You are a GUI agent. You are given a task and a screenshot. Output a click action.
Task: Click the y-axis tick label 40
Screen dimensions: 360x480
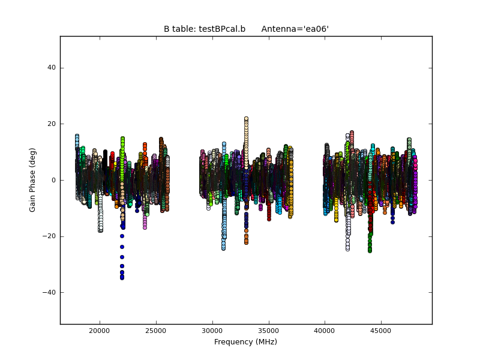click(x=52, y=68)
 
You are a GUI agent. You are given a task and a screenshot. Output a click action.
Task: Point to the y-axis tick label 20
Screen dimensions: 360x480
click(x=52, y=124)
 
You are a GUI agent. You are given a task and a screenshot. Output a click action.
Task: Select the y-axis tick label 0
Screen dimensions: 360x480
click(x=54, y=180)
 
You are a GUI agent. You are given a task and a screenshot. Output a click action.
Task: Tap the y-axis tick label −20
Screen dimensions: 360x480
click(x=50, y=236)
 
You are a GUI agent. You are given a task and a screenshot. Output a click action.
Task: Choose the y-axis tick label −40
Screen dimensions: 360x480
click(x=50, y=293)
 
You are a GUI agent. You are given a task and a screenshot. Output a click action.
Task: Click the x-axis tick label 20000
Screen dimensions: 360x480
click(x=99, y=331)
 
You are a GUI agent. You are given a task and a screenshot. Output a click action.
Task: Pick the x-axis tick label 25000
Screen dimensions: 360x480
click(x=155, y=331)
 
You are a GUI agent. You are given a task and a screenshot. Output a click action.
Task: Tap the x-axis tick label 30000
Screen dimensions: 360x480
click(x=212, y=331)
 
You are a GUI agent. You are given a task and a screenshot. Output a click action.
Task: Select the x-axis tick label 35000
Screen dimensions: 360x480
click(x=268, y=331)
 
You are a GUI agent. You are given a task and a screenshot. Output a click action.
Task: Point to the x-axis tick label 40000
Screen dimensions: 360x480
click(x=325, y=331)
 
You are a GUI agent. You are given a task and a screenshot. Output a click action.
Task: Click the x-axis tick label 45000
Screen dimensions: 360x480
click(x=381, y=331)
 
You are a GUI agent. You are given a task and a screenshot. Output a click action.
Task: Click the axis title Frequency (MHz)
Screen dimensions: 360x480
click(x=245, y=342)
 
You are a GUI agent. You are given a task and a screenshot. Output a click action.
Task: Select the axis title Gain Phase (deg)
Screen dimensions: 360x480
click(x=32, y=180)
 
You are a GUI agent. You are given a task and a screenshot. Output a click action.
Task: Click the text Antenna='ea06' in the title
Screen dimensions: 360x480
click(x=295, y=29)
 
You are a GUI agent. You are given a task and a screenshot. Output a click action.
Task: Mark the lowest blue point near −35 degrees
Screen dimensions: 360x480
click(x=122, y=278)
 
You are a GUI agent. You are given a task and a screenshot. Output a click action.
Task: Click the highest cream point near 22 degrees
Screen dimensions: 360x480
click(x=246, y=119)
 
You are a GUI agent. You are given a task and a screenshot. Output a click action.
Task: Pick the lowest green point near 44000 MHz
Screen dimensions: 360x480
click(x=370, y=250)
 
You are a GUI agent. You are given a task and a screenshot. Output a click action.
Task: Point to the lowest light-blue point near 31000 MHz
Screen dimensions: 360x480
click(x=223, y=248)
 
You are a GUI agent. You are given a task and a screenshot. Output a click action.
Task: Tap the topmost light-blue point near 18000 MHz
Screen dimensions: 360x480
click(x=77, y=136)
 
